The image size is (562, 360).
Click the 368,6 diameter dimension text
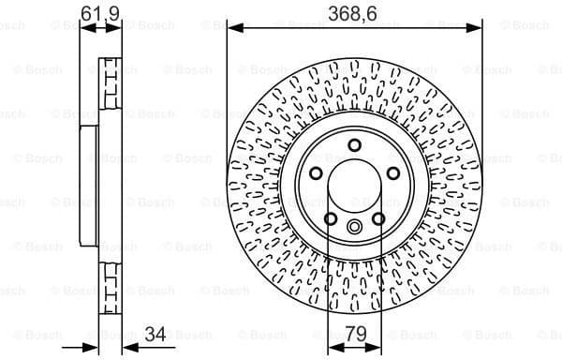pos(354,13)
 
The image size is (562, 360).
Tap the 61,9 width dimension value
pos(101,13)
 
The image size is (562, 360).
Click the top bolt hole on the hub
pos(354,144)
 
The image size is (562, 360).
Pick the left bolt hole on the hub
pos(316,173)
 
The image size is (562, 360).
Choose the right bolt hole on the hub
pos(392,173)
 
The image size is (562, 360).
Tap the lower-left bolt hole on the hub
pos(330,218)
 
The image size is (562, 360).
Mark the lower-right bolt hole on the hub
pos(378,218)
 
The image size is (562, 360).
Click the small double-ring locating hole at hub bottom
pos(354,226)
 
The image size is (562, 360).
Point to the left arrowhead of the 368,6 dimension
pos(232,29)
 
